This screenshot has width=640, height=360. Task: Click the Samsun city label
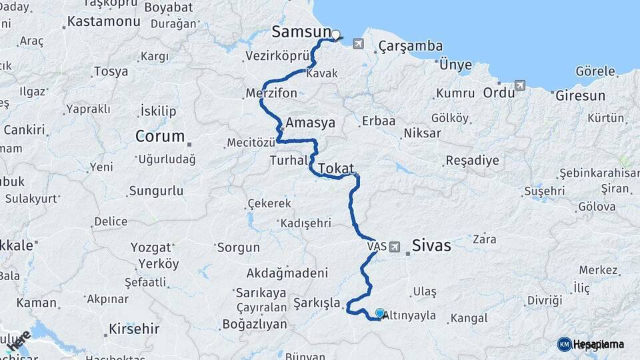point(301,31)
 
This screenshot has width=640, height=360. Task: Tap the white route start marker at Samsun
point(336,35)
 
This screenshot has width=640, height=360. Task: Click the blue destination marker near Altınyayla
point(380,313)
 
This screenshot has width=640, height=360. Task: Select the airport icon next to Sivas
point(396,247)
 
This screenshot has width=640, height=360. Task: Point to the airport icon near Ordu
point(520,85)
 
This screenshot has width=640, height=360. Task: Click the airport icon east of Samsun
point(359,44)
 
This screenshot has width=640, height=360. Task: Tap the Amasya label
point(310,123)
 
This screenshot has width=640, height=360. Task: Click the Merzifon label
point(271,93)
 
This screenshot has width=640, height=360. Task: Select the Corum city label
point(159,137)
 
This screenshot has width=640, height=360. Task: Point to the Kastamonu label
point(104,22)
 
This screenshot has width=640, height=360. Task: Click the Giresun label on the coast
point(579,95)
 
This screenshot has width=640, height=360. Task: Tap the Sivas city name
point(431,245)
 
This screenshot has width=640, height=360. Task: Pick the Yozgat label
point(150,247)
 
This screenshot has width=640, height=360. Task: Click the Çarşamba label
point(411,46)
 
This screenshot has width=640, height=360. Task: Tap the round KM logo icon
point(564,344)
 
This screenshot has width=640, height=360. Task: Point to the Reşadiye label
point(472,161)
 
